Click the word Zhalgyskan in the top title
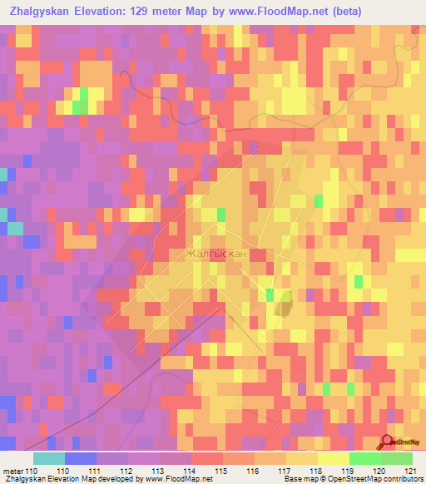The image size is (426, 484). coord(41,12)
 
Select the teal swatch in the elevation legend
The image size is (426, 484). coord(49,458)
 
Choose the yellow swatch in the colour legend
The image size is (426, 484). coord(302,458)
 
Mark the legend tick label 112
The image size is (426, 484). coord(128,471)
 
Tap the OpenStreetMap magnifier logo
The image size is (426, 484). coord(387,442)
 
